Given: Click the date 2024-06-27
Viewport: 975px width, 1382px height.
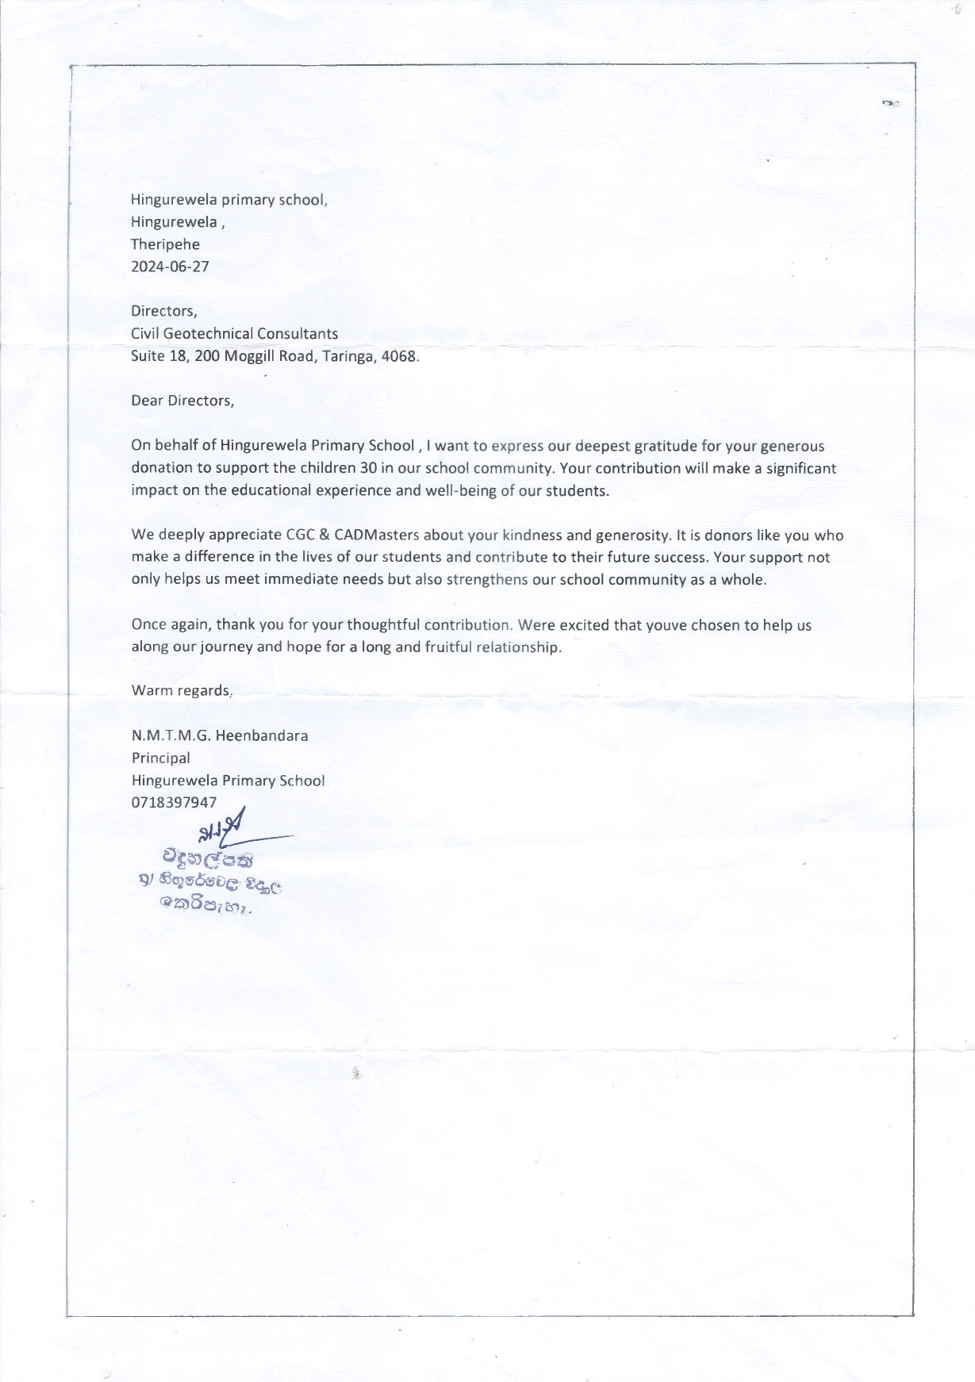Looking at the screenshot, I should (170, 267).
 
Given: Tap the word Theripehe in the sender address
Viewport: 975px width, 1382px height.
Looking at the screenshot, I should (165, 244).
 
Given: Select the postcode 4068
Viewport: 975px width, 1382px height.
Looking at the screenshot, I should (399, 356).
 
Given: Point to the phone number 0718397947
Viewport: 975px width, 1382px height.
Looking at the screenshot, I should (174, 802).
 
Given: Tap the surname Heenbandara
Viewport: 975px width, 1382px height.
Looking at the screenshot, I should (262, 735).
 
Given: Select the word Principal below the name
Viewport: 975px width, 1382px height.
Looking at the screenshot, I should (160, 758).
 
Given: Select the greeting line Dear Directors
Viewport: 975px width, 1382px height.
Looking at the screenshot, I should (182, 401).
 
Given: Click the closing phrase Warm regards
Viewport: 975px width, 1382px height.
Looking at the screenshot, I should (181, 690).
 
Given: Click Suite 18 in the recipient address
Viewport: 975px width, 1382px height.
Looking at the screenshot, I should (159, 356).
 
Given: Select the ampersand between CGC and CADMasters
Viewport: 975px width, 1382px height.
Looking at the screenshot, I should (326, 535).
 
